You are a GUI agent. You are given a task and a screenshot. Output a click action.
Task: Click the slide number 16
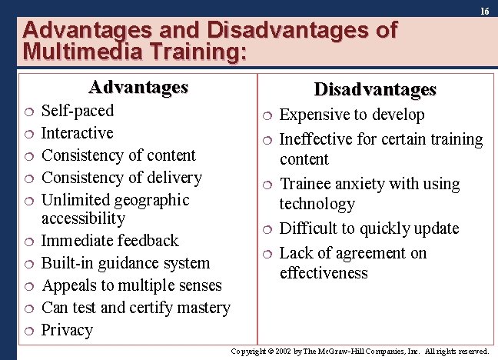coord(484,12)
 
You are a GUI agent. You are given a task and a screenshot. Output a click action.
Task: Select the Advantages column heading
coord(138,87)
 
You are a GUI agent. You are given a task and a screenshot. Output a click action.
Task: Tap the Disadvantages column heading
coord(375,90)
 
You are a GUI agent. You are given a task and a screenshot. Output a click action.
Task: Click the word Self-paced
coord(78,111)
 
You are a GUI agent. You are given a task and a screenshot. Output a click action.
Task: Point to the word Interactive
coord(78,133)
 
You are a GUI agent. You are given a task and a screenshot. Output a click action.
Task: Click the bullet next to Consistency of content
coord(28,156)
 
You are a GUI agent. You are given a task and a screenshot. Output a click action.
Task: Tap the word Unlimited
coord(75,200)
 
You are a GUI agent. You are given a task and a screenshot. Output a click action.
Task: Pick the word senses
coord(198,285)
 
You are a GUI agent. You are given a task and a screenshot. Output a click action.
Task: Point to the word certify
coord(154,308)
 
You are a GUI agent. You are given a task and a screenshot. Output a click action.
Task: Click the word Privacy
coord(67,330)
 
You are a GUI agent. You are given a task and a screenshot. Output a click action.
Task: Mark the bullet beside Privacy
coord(28,332)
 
